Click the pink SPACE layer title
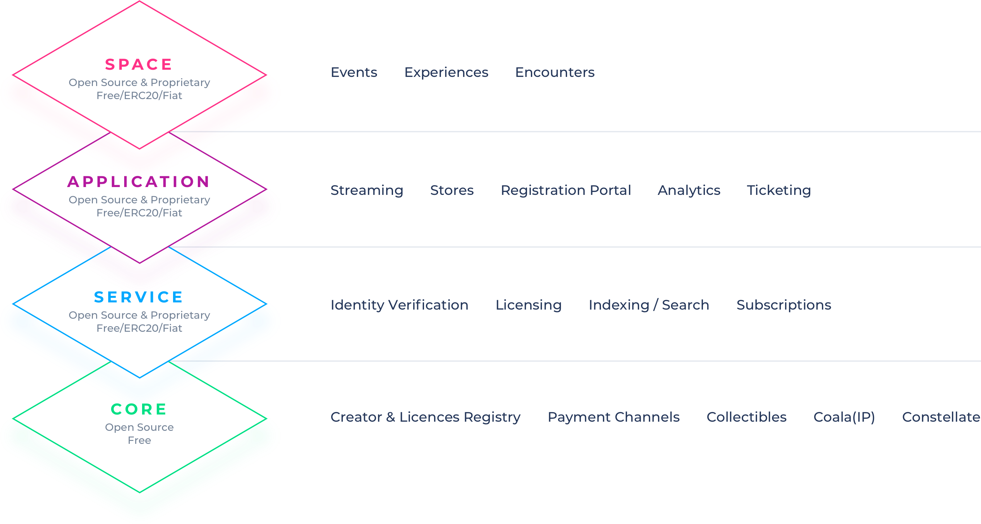(139, 64)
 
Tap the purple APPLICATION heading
(139, 182)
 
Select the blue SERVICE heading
(139, 297)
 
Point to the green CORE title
(139, 409)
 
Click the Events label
(354, 72)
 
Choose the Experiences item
(446, 73)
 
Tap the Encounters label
(555, 72)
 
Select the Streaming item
(367, 190)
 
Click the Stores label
(452, 190)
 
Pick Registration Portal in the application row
(566, 190)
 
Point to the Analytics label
(689, 190)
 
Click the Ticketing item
(779, 190)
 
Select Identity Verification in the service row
(400, 305)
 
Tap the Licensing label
(529, 305)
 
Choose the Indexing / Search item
(649, 305)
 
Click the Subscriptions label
(784, 305)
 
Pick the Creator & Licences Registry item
(425, 417)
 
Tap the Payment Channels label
(613, 417)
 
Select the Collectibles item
(746, 417)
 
